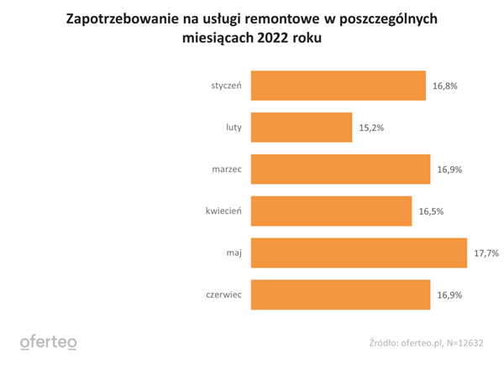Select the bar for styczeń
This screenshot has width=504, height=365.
(339, 86)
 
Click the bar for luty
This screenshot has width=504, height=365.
(302, 128)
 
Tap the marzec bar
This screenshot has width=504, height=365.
(341, 169)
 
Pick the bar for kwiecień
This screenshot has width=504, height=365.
(332, 211)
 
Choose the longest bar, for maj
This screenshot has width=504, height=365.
(359, 253)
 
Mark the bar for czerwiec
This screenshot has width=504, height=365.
(341, 295)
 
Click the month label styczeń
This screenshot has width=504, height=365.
(227, 86)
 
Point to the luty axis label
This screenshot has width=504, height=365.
(234, 128)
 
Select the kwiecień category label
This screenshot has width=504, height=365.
(223, 211)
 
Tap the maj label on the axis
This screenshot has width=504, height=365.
(234, 253)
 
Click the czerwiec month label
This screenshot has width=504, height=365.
(224, 295)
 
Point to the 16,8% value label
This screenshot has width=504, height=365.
(445, 86)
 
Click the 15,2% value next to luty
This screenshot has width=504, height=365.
(371, 128)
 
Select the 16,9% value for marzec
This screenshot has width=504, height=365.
(449, 169)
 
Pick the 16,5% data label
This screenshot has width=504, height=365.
(431, 211)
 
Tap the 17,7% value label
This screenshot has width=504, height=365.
(486, 253)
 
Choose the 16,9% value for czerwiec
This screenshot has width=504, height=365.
(449, 295)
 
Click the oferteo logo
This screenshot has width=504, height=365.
(48, 342)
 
